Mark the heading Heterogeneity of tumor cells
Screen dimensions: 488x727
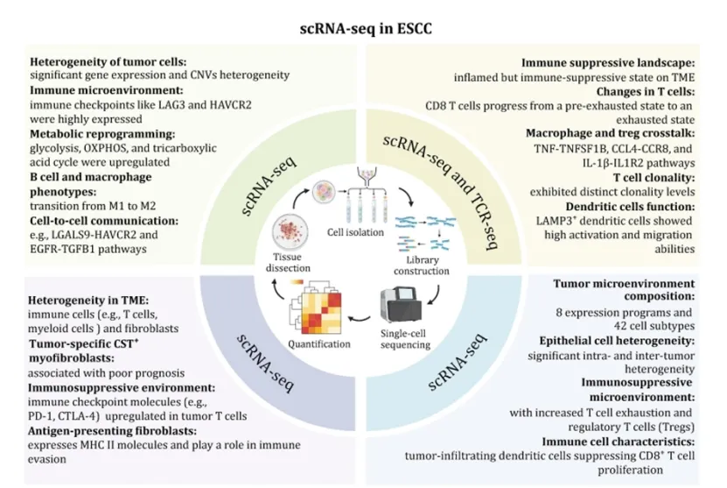coord(108,62)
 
